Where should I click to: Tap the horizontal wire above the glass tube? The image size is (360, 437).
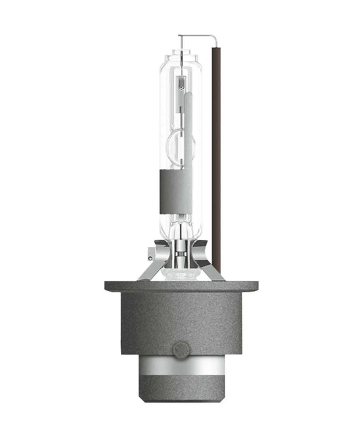point(196,36)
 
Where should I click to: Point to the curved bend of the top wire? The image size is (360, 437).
point(216,38)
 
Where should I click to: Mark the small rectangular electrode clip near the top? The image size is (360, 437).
point(180,84)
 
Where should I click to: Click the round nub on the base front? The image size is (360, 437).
point(179,349)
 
